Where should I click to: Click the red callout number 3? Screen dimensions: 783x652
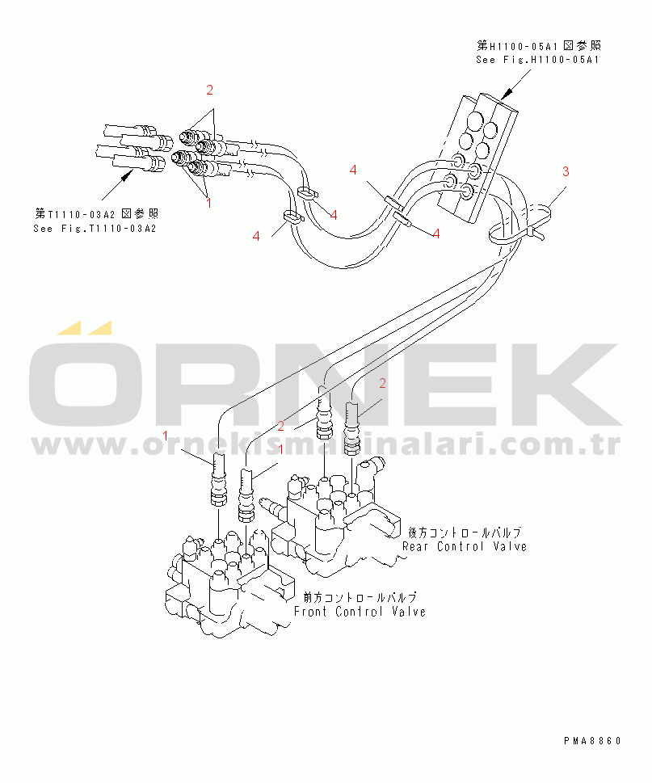coord(566,170)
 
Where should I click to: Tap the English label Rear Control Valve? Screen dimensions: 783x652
coord(465,546)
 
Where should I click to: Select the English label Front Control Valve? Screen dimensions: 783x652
coord(360,612)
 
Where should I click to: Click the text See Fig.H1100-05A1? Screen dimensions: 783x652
coord(537,59)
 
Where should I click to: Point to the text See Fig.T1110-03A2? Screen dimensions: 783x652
coord(95,229)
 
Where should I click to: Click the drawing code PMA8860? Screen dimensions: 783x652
coord(593,740)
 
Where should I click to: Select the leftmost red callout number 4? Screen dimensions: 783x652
coord(256,236)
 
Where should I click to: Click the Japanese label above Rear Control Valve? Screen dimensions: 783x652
coord(464,533)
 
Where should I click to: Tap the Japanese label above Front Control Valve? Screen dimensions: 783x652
coord(360,598)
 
